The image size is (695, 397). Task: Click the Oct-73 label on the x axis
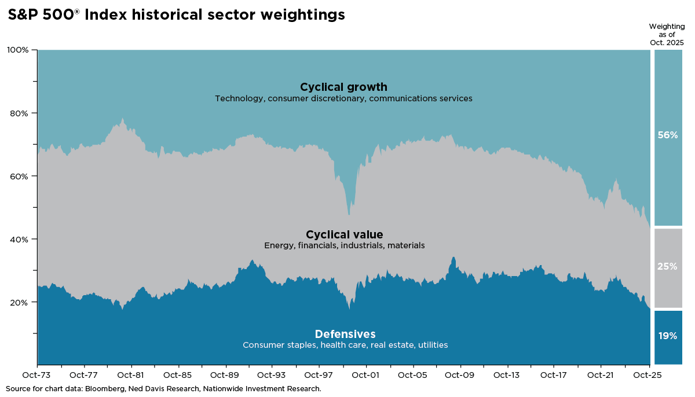(x=37, y=375)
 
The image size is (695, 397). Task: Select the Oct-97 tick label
(x=319, y=375)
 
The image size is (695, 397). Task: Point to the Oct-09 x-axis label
(x=460, y=375)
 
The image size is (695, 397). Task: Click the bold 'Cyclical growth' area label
(x=343, y=87)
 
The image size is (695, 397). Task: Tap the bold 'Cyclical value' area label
(x=344, y=234)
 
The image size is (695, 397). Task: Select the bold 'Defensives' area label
(x=345, y=334)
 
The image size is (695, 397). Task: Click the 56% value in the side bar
(x=667, y=135)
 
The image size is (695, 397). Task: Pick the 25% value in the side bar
(x=667, y=267)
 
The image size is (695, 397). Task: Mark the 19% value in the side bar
(x=667, y=336)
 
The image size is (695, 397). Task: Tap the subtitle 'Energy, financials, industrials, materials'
(x=344, y=245)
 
